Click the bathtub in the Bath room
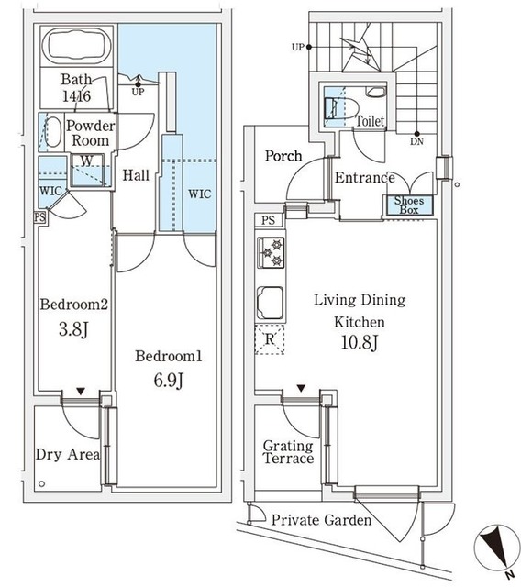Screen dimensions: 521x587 point(76,46)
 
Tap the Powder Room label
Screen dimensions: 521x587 point(90,133)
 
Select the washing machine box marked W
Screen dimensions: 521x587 point(87,170)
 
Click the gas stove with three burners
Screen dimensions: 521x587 point(271,253)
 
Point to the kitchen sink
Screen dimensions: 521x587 point(270,303)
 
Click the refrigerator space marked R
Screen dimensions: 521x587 point(270,339)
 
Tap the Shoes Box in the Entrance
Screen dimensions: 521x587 point(409,205)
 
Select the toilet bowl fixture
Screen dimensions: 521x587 point(336,108)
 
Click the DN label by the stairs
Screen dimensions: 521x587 point(416,141)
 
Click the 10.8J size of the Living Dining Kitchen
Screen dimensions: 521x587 point(360,342)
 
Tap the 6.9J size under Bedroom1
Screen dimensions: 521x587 point(168,381)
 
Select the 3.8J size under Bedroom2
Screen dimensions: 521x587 point(73,329)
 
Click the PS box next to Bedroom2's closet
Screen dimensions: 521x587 point(40,217)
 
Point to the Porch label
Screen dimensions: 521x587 point(283,156)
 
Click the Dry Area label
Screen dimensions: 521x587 point(68,455)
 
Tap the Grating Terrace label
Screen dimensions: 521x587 point(288,452)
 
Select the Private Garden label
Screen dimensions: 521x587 point(321,520)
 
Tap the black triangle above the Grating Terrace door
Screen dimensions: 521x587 point(301,388)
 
